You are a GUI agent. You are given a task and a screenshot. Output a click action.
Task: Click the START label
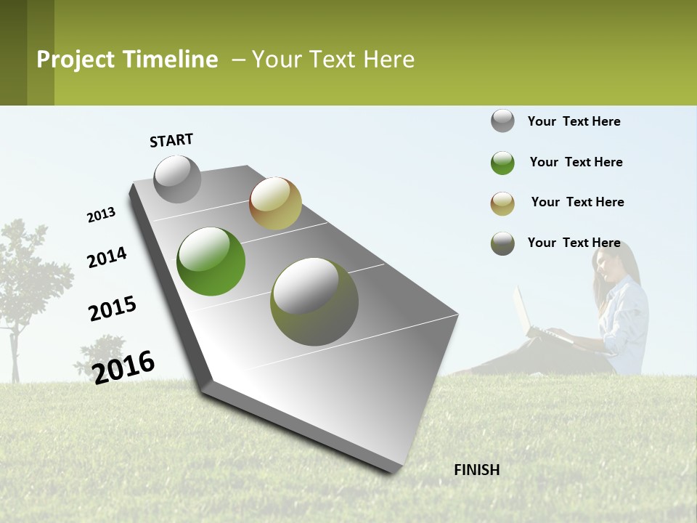171,140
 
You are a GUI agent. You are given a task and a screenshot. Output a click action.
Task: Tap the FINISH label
476,470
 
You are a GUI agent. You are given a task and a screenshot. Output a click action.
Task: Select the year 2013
101,215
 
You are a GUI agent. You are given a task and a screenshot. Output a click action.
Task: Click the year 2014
107,257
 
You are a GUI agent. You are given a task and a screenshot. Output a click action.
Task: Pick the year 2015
113,309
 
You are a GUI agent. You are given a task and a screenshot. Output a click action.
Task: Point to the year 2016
123,367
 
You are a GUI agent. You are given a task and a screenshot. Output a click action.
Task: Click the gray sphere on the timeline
177,179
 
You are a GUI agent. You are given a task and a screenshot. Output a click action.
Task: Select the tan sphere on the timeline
275,203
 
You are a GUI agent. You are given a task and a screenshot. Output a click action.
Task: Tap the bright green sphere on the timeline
211,261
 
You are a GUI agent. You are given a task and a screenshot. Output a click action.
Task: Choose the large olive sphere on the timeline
314,301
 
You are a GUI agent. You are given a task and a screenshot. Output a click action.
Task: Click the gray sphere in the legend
502,121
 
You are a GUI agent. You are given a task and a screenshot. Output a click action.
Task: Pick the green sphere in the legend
502,163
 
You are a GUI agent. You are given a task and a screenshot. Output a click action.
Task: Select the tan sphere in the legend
502,203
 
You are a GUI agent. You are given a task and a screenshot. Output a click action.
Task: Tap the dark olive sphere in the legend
502,243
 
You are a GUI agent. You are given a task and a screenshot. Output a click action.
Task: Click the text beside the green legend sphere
576,162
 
